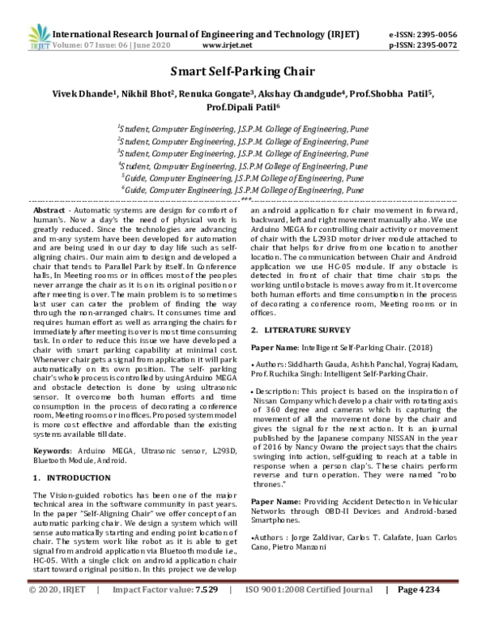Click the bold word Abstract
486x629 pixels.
pos(49,209)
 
